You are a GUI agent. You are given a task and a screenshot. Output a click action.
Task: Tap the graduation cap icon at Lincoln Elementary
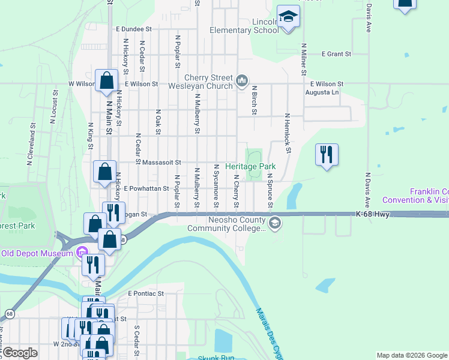click(288, 17)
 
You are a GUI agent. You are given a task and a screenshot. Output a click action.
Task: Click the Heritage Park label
click(250, 166)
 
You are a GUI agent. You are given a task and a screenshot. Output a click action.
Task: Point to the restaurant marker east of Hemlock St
click(327, 155)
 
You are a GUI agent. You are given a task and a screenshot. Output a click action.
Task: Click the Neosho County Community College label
click(226, 224)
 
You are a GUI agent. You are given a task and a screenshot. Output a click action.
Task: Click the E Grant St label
click(336, 54)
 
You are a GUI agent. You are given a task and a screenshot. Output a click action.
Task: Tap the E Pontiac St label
click(146, 293)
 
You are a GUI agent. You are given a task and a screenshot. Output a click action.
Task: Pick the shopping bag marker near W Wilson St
click(106, 80)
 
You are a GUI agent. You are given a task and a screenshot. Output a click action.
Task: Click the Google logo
click(20, 353)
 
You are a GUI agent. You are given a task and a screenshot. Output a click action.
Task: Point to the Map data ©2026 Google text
click(411, 356)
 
